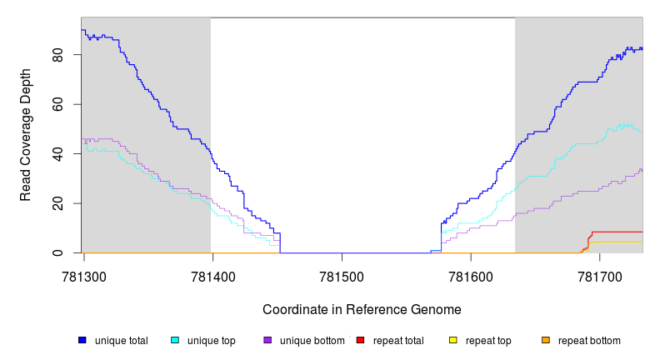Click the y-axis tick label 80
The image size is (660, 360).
tap(57, 55)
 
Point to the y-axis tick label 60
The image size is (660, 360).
tap(57, 104)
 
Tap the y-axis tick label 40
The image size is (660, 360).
tap(57, 154)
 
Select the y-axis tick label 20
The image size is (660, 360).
tap(57, 203)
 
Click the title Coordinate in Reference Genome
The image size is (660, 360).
tap(362, 309)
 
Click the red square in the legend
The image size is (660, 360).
tap(361, 341)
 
